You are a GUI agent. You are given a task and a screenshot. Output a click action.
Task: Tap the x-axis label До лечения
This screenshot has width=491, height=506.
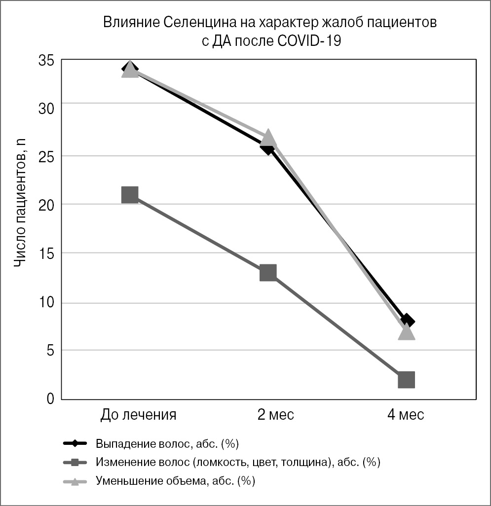[138, 415]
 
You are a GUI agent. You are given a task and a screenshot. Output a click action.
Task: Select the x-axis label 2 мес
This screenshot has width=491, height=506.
[275, 415]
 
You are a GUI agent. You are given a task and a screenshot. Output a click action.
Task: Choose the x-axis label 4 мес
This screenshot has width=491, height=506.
[405, 415]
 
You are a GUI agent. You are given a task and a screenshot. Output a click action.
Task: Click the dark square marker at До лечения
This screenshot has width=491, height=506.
[129, 195]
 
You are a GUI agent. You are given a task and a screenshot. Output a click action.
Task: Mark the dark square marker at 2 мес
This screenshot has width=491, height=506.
[268, 272]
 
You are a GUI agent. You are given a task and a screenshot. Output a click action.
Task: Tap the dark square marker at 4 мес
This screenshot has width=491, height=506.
[406, 380]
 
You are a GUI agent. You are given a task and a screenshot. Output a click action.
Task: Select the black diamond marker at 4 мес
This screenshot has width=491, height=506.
[408, 321]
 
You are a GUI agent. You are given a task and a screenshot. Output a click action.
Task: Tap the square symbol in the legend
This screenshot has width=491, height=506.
[75, 462]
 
